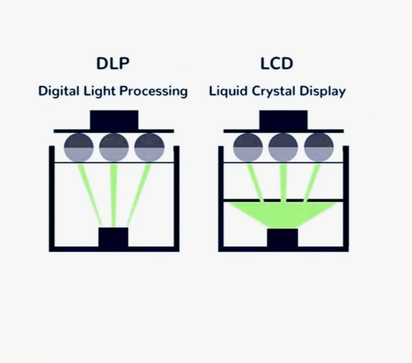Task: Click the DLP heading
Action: (x=113, y=63)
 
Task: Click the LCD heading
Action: (x=277, y=63)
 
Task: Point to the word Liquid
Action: (x=228, y=91)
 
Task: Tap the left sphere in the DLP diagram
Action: (x=79, y=147)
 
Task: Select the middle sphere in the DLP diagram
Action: (x=114, y=147)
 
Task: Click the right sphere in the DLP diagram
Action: (x=149, y=147)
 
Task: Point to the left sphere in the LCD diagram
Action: (x=248, y=147)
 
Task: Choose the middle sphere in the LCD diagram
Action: (x=283, y=147)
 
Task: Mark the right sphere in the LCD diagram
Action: (x=319, y=147)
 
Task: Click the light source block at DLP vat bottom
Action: (x=113, y=237)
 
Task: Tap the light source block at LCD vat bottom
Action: (x=283, y=238)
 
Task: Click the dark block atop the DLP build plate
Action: (x=114, y=120)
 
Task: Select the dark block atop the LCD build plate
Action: (x=284, y=120)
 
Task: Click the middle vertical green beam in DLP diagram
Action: (x=113, y=195)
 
